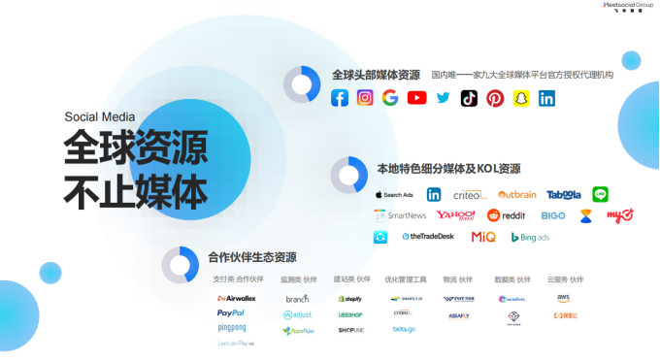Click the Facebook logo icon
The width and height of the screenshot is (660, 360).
(340, 98)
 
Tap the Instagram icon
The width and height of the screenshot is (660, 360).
(365, 98)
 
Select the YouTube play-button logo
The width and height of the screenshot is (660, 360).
(417, 98)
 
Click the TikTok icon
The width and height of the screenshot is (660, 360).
(469, 98)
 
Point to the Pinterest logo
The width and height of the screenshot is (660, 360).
(495, 98)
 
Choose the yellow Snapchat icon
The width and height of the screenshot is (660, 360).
(521, 98)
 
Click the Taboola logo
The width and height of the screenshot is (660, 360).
(563, 194)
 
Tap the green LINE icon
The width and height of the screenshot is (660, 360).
(601, 194)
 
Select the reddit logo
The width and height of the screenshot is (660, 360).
(506, 215)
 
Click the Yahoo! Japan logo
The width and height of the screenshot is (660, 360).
(455, 215)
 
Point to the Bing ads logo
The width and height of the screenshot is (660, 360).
(530, 237)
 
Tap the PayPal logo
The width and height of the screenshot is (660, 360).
(231, 313)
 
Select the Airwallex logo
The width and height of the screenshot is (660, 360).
(236, 298)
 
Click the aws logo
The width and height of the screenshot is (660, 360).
(563, 298)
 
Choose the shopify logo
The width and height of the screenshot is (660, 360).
(349, 299)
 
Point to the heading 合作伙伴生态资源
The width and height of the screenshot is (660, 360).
(251, 257)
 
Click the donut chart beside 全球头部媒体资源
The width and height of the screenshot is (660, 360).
(302, 84)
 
